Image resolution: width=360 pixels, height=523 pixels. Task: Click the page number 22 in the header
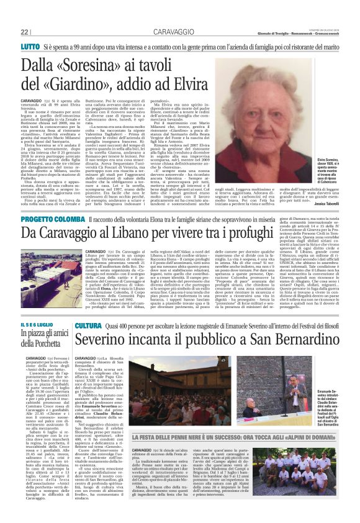[25, 32]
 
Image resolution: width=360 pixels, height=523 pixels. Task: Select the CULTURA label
[89, 325]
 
